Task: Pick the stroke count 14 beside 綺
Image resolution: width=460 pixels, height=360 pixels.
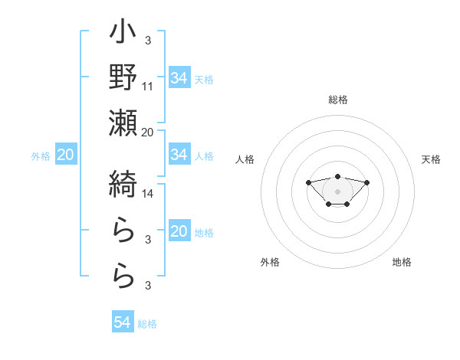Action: point(148,194)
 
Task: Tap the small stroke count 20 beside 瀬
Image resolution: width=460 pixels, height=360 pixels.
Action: point(148,132)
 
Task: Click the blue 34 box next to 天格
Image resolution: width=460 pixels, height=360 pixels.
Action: point(179,77)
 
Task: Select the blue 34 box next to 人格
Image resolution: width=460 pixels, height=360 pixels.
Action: point(179,155)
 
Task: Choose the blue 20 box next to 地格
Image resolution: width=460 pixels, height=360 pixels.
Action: point(179,231)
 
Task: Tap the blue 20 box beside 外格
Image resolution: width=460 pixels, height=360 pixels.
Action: point(65,155)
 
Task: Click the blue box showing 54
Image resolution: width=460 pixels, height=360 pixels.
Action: point(122,322)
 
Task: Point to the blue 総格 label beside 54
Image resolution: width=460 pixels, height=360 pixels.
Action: point(147,323)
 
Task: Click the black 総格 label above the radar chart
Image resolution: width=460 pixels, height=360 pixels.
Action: point(337,100)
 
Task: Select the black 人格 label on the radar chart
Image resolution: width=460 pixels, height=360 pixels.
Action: point(245,159)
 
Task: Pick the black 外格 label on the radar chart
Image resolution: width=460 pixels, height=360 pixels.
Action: point(270,262)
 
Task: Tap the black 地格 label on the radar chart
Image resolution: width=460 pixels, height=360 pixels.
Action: point(402,262)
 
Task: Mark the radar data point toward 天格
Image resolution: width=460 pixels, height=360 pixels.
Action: point(367,182)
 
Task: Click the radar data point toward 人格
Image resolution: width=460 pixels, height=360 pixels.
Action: point(308,182)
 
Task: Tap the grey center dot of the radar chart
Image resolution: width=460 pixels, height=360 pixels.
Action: point(337,191)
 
